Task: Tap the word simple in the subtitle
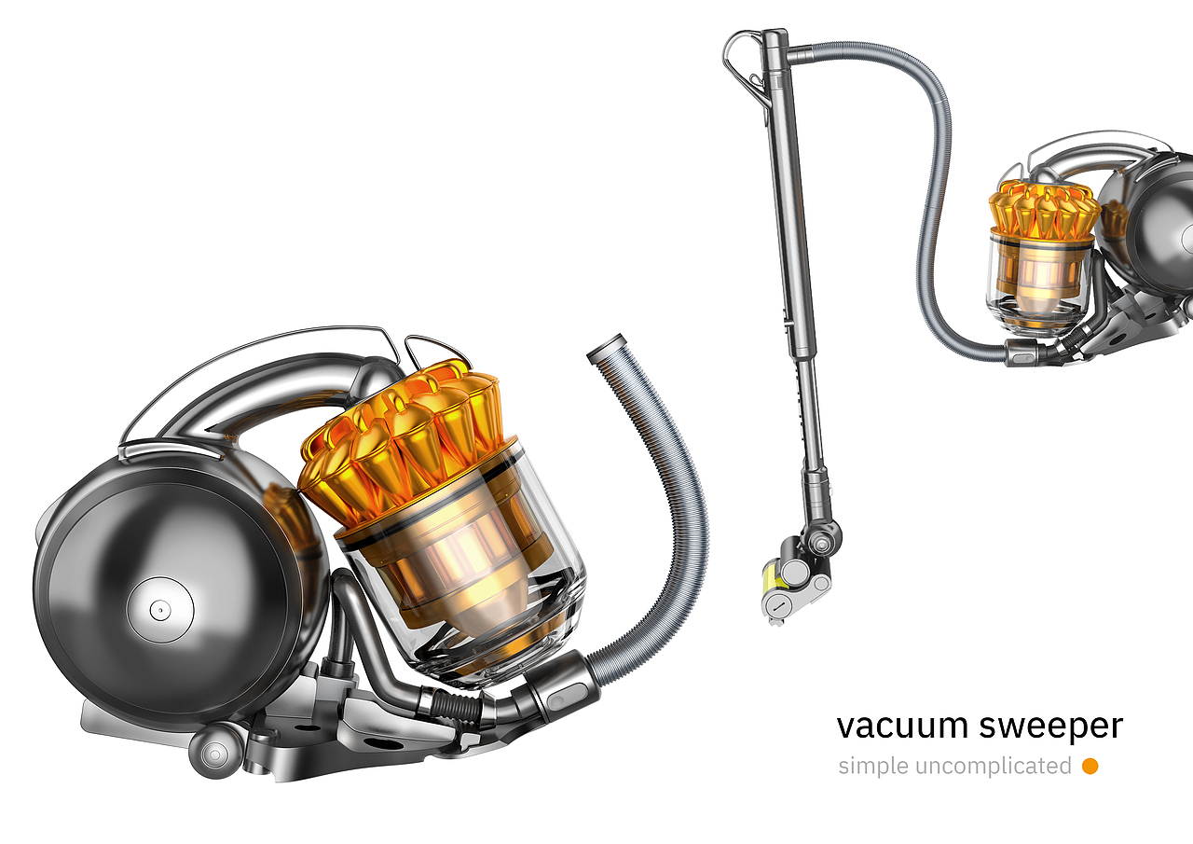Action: click(x=873, y=767)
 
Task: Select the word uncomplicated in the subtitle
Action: click(x=993, y=767)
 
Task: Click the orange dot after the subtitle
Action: click(x=1090, y=767)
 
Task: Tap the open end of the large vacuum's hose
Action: click(x=606, y=349)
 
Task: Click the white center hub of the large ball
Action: click(x=160, y=610)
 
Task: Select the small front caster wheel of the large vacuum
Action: click(x=214, y=753)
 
